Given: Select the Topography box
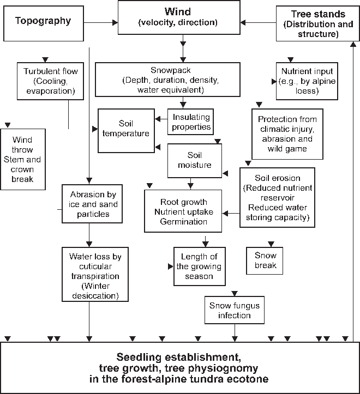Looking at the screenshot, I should click(43, 22).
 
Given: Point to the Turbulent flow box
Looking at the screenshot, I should click(51, 81).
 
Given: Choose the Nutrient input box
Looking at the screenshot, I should click(307, 81).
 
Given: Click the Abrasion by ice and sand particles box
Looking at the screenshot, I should click(89, 204).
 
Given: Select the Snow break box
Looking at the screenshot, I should click(266, 260).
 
